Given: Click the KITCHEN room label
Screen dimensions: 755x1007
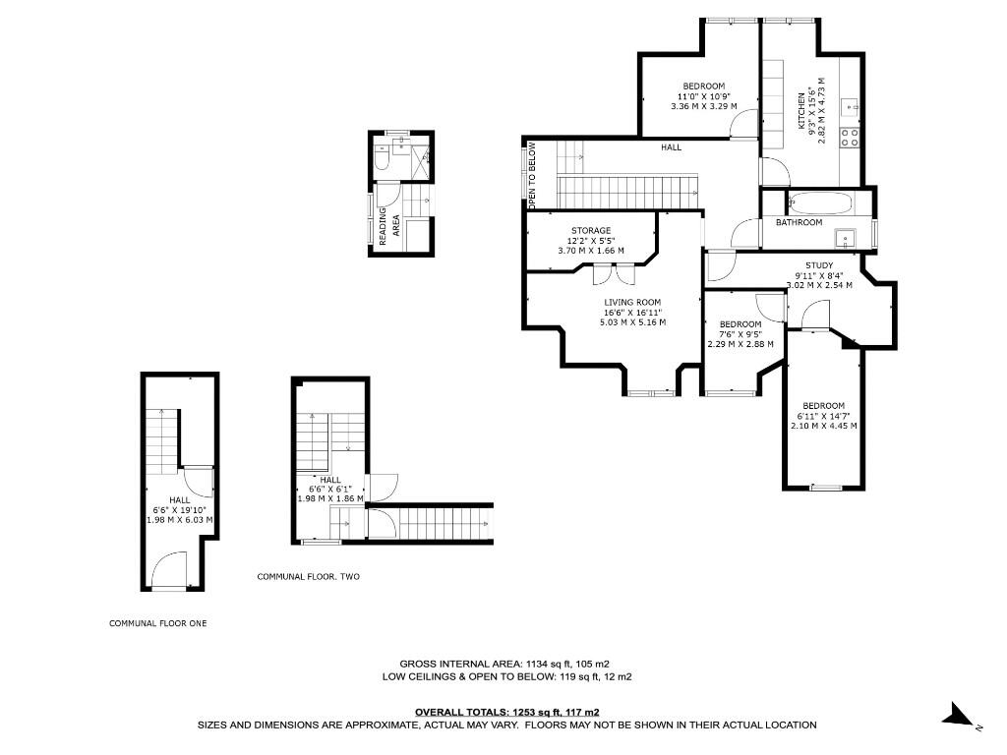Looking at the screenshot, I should click(x=801, y=112).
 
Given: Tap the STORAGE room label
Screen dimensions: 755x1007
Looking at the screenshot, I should click(x=591, y=230).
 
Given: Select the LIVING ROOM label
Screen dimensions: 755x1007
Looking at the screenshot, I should click(x=632, y=302).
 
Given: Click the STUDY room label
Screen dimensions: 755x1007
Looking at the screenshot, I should click(x=818, y=265).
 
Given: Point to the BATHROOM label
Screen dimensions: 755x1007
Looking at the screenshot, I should click(x=799, y=222).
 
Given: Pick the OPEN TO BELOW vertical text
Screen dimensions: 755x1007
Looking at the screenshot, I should click(x=532, y=176).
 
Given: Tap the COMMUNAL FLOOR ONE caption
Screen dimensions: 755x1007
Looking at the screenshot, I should click(x=158, y=623).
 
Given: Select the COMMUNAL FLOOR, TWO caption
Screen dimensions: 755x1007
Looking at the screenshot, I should click(x=308, y=576).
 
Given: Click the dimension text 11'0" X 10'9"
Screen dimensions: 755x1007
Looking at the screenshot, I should click(x=704, y=96).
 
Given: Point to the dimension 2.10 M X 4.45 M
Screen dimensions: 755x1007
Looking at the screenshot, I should click(x=823, y=426).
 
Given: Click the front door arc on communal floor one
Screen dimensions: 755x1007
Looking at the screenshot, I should click(x=168, y=568).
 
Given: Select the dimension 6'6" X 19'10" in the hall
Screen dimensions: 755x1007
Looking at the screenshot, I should click(x=179, y=509).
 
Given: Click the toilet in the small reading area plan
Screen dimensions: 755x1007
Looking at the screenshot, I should click(x=382, y=160).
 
